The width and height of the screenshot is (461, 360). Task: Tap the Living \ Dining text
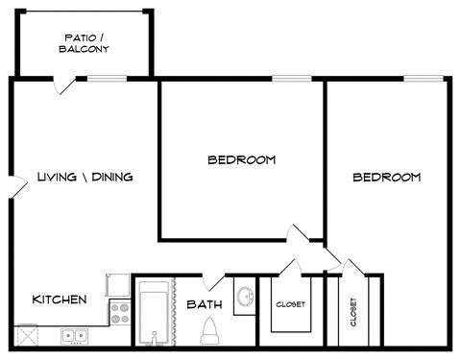[85, 177]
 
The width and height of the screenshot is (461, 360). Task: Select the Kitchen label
[60, 300]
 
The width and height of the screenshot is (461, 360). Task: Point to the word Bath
[205, 305]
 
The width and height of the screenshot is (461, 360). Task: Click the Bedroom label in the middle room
[242, 159]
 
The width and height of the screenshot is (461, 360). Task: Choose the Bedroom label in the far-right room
[386, 178]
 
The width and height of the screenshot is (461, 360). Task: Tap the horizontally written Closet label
[291, 304]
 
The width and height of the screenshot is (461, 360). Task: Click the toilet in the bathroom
[209, 332]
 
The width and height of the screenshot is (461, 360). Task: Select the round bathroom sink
[244, 296]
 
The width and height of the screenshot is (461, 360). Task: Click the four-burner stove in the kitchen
[120, 312]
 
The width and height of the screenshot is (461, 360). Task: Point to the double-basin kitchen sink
[73, 336]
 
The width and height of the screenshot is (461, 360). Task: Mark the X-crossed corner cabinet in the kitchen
[26, 336]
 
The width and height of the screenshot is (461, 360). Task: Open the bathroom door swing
[215, 282]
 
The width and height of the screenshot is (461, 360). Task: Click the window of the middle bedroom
[285, 78]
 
